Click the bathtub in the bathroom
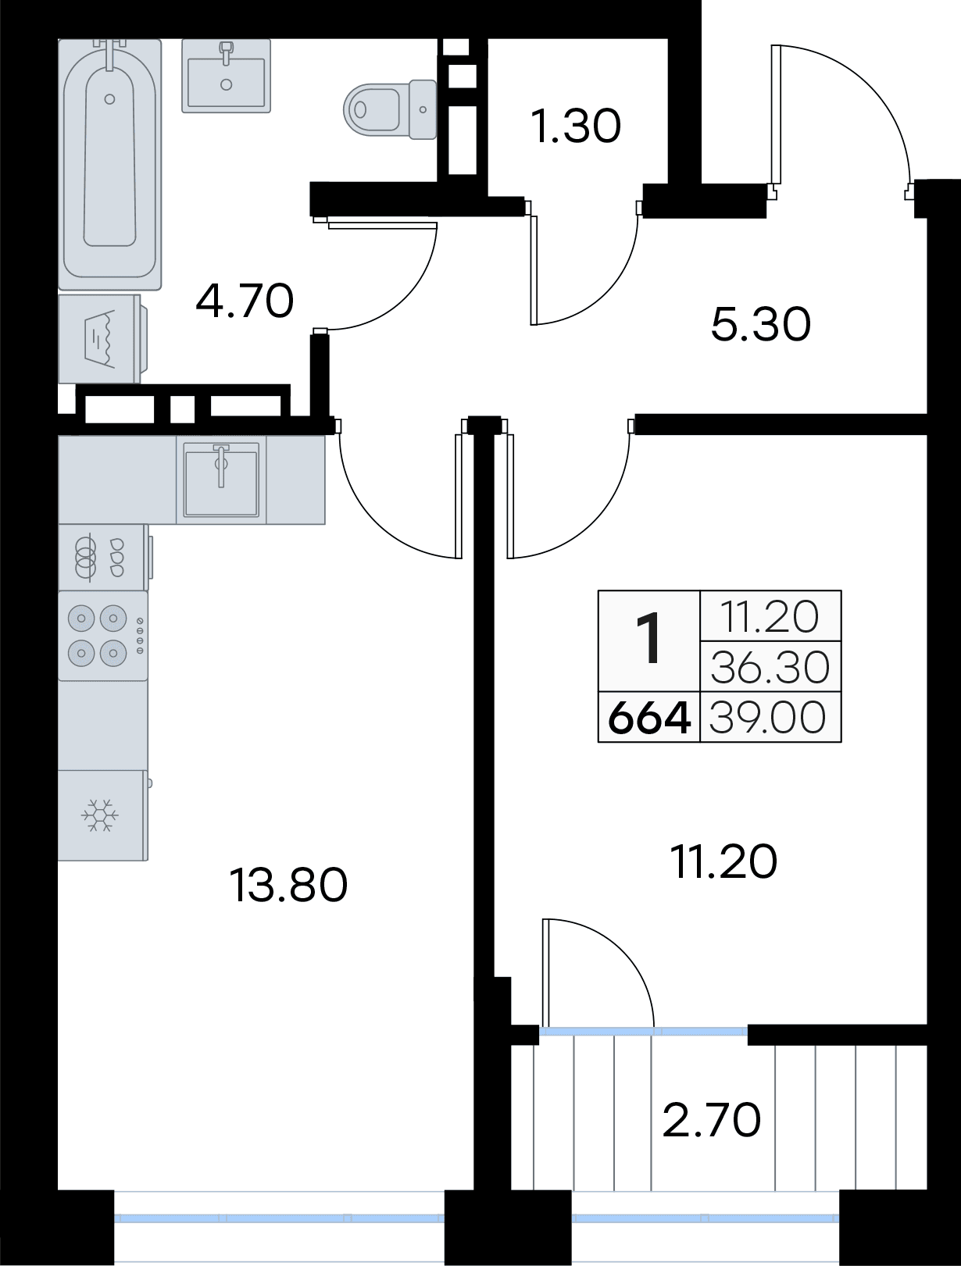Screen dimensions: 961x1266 [x=109, y=164]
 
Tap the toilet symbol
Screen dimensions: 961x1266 [x=390, y=109]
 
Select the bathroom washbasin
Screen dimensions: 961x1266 [x=226, y=76]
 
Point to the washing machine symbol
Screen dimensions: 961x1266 [x=102, y=338]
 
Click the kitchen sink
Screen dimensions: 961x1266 [x=221, y=480]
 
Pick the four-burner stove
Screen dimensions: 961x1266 [x=103, y=636]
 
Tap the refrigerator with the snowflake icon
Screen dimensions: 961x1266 [x=103, y=815]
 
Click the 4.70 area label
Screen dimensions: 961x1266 [x=245, y=301]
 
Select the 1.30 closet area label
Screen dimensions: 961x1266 [x=576, y=127]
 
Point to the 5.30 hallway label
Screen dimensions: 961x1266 [x=761, y=324]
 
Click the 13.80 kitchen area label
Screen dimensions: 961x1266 [x=288, y=886]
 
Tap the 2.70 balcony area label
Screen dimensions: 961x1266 [x=712, y=1119]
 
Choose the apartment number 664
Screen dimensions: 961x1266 [x=649, y=719]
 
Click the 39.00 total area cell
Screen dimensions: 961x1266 [x=768, y=719]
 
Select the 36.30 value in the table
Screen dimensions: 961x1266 [x=770, y=667]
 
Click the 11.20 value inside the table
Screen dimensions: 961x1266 [x=770, y=617]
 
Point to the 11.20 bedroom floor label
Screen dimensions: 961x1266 [x=724, y=862]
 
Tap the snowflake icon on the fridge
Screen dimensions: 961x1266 [x=100, y=815]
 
